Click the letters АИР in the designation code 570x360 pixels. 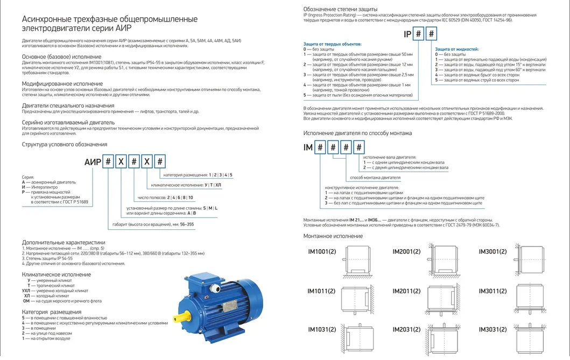click(93, 161)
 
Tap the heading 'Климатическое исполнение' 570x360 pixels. click(57, 274)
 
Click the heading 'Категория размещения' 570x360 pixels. click(52, 312)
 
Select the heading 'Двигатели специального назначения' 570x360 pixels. click(68, 105)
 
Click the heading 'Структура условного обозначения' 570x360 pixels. click(64, 144)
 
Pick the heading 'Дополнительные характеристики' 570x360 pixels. click(64, 242)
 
